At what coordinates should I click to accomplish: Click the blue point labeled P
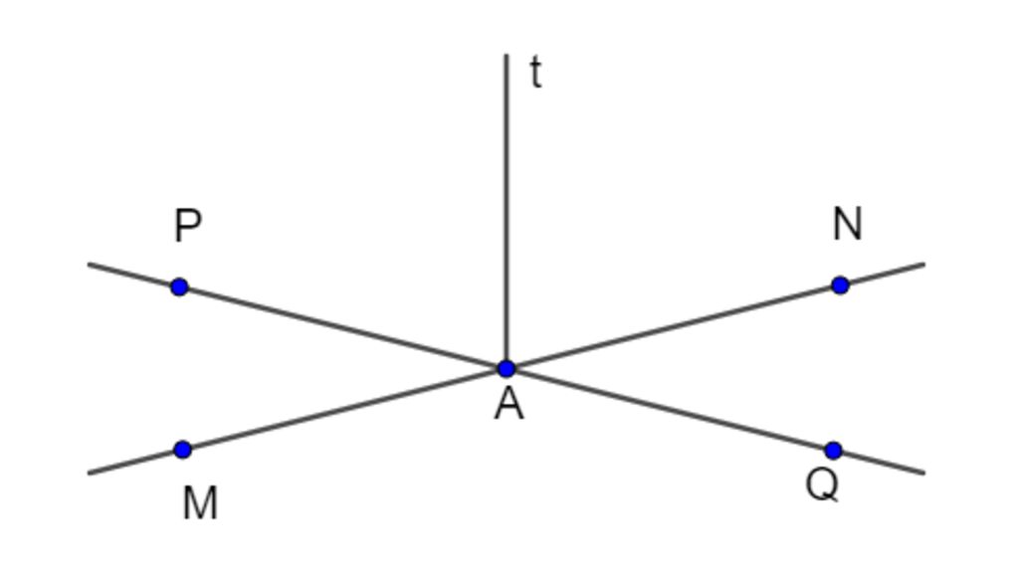tap(179, 287)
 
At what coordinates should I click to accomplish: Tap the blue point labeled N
tap(840, 285)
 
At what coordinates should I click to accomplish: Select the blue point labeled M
tap(182, 450)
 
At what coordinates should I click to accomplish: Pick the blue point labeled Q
tap(834, 451)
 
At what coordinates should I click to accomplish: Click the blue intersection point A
tap(507, 369)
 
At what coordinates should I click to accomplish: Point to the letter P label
tap(187, 226)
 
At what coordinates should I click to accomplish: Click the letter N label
tap(847, 224)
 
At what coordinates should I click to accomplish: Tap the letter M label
tap(200, 503)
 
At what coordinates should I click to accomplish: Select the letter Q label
tap(822, 484)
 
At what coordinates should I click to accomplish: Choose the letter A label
tap(509, 405)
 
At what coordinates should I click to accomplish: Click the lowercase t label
tap(535, 73)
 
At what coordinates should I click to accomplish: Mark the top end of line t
tap(507, 56)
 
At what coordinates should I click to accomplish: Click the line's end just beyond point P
tap(91, 265)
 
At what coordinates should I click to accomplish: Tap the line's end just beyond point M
tap(91, 473)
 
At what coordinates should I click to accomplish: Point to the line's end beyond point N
tap(922, 265)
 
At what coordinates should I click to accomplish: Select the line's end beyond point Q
tap(922, 472)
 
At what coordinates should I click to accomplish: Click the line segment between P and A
tap(343, 328)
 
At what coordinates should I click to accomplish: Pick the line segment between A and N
tap(673, 327)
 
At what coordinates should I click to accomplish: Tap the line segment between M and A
tap(343, 410)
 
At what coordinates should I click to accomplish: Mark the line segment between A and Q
tap(670, 410)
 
